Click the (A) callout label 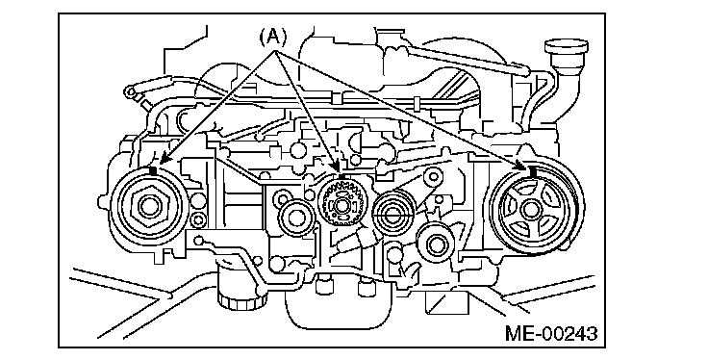(x=273, y=37)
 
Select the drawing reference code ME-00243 (x=551, y=333)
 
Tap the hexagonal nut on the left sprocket (x=147, y=206)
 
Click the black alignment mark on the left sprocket (x=153, y=170)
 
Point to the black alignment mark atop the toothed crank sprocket (x=341, y=177)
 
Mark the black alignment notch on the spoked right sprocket (x=533, y=171)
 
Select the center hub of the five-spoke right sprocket (x=530, y=210)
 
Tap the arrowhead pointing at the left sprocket (x=164, y=159)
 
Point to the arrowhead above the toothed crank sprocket (x=337, y=169)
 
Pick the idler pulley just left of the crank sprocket (x=295, y=218)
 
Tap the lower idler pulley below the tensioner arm (x=436, y=245)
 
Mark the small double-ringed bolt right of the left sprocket (x=199, y=220)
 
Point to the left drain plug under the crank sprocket (x=322, y=287)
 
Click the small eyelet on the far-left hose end (x=131, y=92)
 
